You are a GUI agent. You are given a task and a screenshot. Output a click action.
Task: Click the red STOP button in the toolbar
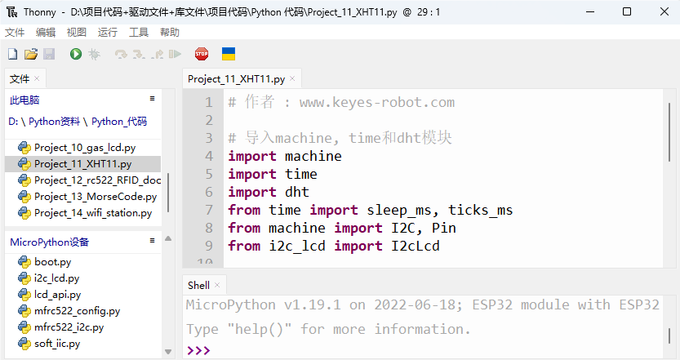coord(202,54)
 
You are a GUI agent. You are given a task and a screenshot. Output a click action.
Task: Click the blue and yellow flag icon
coord(229,54)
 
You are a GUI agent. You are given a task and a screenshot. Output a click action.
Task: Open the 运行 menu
coord(107,33)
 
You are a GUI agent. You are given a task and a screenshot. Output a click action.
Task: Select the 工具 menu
coord(139,33)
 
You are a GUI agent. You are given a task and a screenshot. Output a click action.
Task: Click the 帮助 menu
coord(170,33)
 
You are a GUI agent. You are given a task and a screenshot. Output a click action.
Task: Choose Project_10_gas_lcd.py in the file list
coord(85,148)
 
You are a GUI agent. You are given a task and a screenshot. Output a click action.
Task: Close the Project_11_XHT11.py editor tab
coord(292,78)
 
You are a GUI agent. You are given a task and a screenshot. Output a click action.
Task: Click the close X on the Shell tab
coord(217,285)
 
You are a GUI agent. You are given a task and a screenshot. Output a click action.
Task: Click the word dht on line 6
coord(297,192)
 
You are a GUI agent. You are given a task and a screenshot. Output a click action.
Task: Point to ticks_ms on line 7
coord(481,211)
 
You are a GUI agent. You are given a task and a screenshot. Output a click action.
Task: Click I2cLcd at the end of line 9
coord(416,246)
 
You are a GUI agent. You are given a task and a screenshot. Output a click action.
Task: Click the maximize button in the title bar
coord(627,11)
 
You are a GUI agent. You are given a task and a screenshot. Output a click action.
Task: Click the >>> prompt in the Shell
coord(198,350)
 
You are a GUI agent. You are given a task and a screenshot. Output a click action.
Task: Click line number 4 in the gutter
coord(209,156)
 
